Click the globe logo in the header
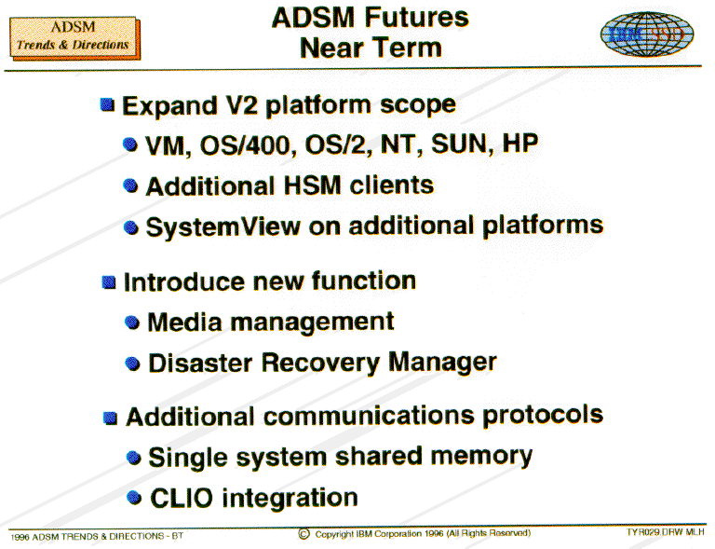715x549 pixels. [x=647, y=34]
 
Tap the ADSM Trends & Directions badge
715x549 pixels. [x=74, y=38]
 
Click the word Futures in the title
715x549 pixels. [x=416, y=18]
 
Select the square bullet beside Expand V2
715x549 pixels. [x=107, y=104]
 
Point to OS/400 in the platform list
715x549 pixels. [x=246, y=145]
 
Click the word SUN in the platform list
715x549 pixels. [x=462, y=144]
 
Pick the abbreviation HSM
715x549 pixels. [x=313, y=185]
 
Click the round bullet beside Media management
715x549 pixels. [x=132, y=323]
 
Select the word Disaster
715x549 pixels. [x=201, y=364]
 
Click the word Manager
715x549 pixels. [x=442, y=363]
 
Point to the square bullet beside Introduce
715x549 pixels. [x=109, y=282]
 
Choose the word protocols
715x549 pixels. [x=543, y=416]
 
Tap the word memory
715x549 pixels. [x=481, y=457]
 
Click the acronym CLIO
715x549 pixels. [x=182, y=498]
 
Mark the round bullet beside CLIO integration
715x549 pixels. [x=134, y=497]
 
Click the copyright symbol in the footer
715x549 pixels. [x=304, y=534]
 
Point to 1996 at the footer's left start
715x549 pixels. [x=20, y=537]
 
